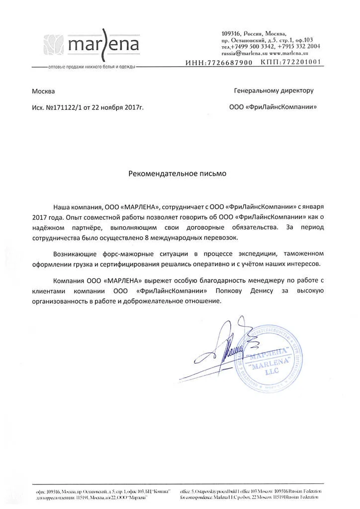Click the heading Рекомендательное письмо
pos(178,174)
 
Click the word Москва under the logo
pos(44,91)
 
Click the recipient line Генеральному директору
pos(273,91)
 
